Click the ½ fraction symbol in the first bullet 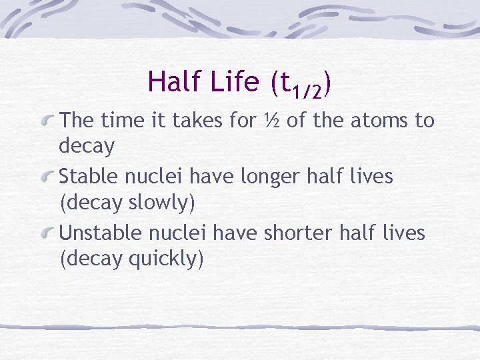(x=270, y=121)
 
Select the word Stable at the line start (x=87, y=177)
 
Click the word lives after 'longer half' (x=372, y=177)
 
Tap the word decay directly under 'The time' (x=87, y=146)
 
